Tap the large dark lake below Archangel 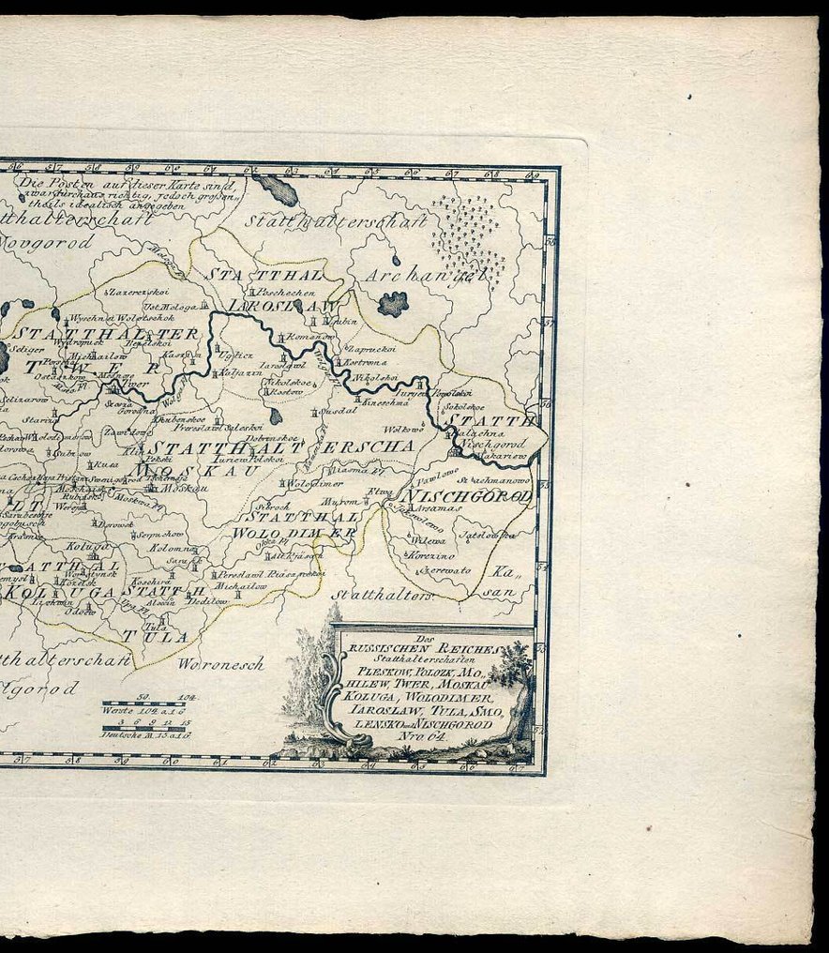pyautogui.click(x=392, y=303)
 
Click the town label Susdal pyautogui.click(x=339, y=411)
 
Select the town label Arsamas pyautogui.click(x=441, y=507)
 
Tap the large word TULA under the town pyautogui.click(x=166, y=635)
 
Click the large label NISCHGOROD pyautogui.click(x=467, y=497)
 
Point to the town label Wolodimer pyautogui.click(x=313, y=484)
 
